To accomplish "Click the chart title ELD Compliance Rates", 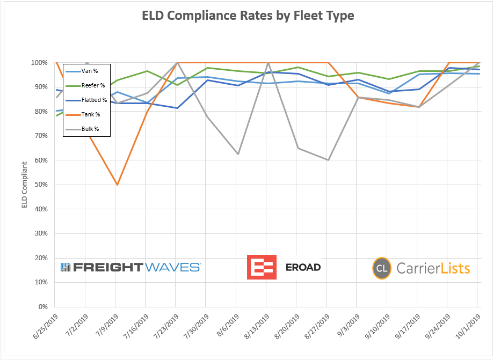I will click(248, 16).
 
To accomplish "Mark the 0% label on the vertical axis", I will click(42, 307).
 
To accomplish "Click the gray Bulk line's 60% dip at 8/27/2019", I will click(327, 160).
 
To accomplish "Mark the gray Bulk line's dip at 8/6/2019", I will click(237, 154).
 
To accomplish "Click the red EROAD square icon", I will click(262, 267).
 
